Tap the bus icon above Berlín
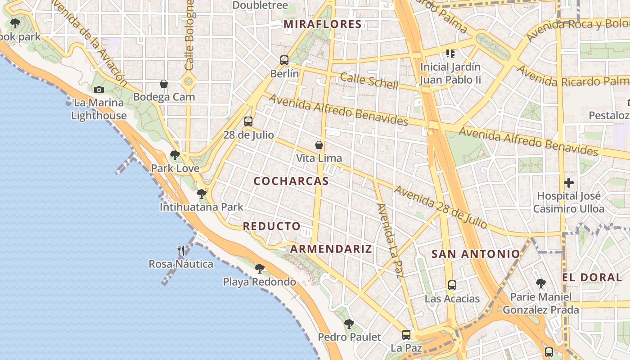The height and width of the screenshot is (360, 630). point(284,60)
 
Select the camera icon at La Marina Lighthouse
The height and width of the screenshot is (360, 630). point(99,90)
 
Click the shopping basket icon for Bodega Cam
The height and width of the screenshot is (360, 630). point(164,84)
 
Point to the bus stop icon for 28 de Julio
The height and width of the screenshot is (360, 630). point(248,121)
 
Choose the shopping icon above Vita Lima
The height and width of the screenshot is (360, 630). point(319,145)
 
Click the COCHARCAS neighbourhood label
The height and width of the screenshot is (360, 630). point(291,181)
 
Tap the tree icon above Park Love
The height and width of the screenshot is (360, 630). point(175,155)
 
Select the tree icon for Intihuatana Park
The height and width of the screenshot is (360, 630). point(202,194)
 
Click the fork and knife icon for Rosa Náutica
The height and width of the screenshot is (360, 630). point(181,251)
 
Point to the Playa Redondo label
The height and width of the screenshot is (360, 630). point(260,282)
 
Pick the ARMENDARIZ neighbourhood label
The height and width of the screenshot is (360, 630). point(331,249)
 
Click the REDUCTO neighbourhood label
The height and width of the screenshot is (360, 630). point(272,226)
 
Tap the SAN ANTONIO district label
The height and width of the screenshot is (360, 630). point(476,254)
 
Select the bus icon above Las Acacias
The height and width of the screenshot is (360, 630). point(452,285)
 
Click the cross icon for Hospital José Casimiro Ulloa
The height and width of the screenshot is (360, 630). point(569,183)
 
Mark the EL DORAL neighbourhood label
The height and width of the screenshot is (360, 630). point(592,277)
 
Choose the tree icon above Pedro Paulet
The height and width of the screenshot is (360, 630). point(349,324)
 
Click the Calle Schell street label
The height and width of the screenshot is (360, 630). point(369,81)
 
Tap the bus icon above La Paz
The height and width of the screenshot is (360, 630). point(406,334)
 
